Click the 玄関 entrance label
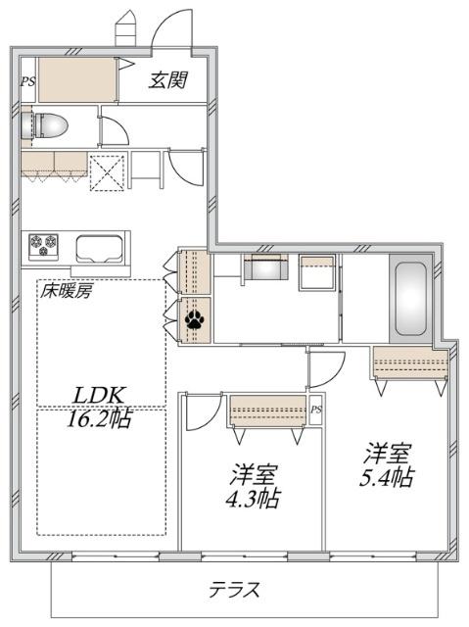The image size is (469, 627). pyautogui.click(x=167, y=80)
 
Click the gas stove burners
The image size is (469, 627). pyautogui.click(x=42, y=243)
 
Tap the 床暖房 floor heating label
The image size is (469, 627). pyautogui.click(x=66, y=291)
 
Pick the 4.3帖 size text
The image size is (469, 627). pyautogui.click(x=253, y=498)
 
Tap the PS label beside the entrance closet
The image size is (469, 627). pyautogui.click(x=27, y=82)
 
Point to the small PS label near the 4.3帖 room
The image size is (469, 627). pyautogui.click(x=315, y=410)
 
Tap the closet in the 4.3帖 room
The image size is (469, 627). pyautogui.click(x=267, y=408)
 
